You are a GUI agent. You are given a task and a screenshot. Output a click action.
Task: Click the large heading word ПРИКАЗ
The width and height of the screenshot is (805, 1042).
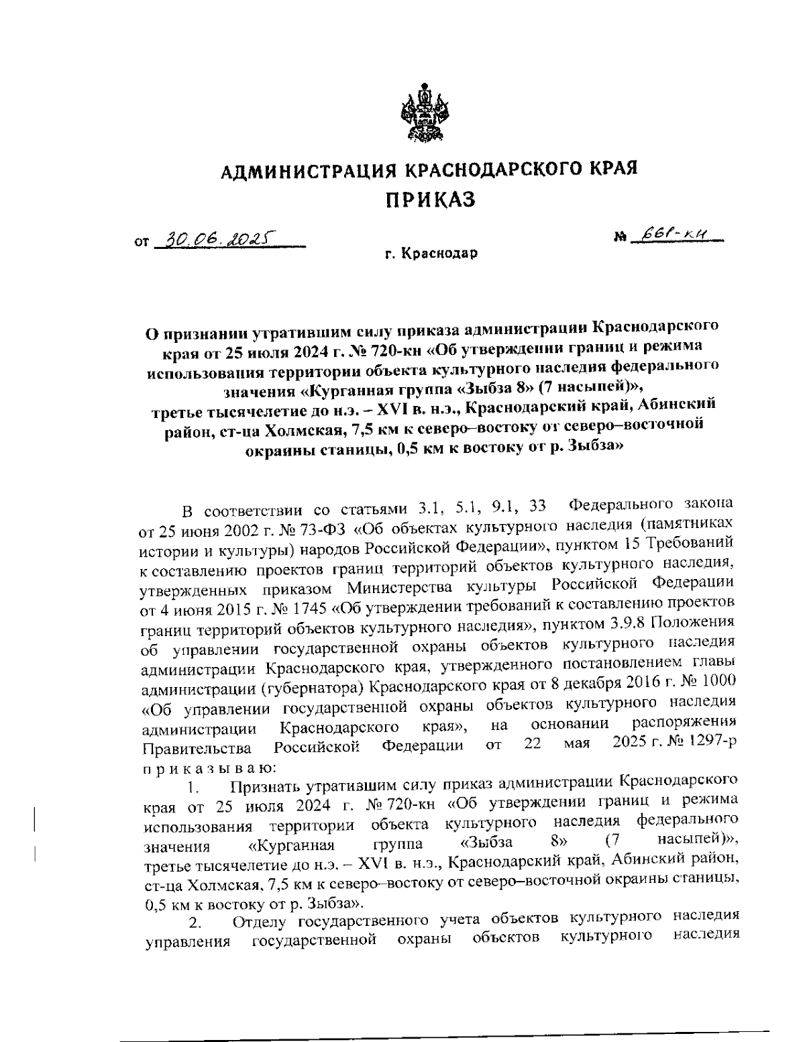point(429,199)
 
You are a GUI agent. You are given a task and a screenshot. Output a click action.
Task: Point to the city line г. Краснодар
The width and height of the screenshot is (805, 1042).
point(431,254)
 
